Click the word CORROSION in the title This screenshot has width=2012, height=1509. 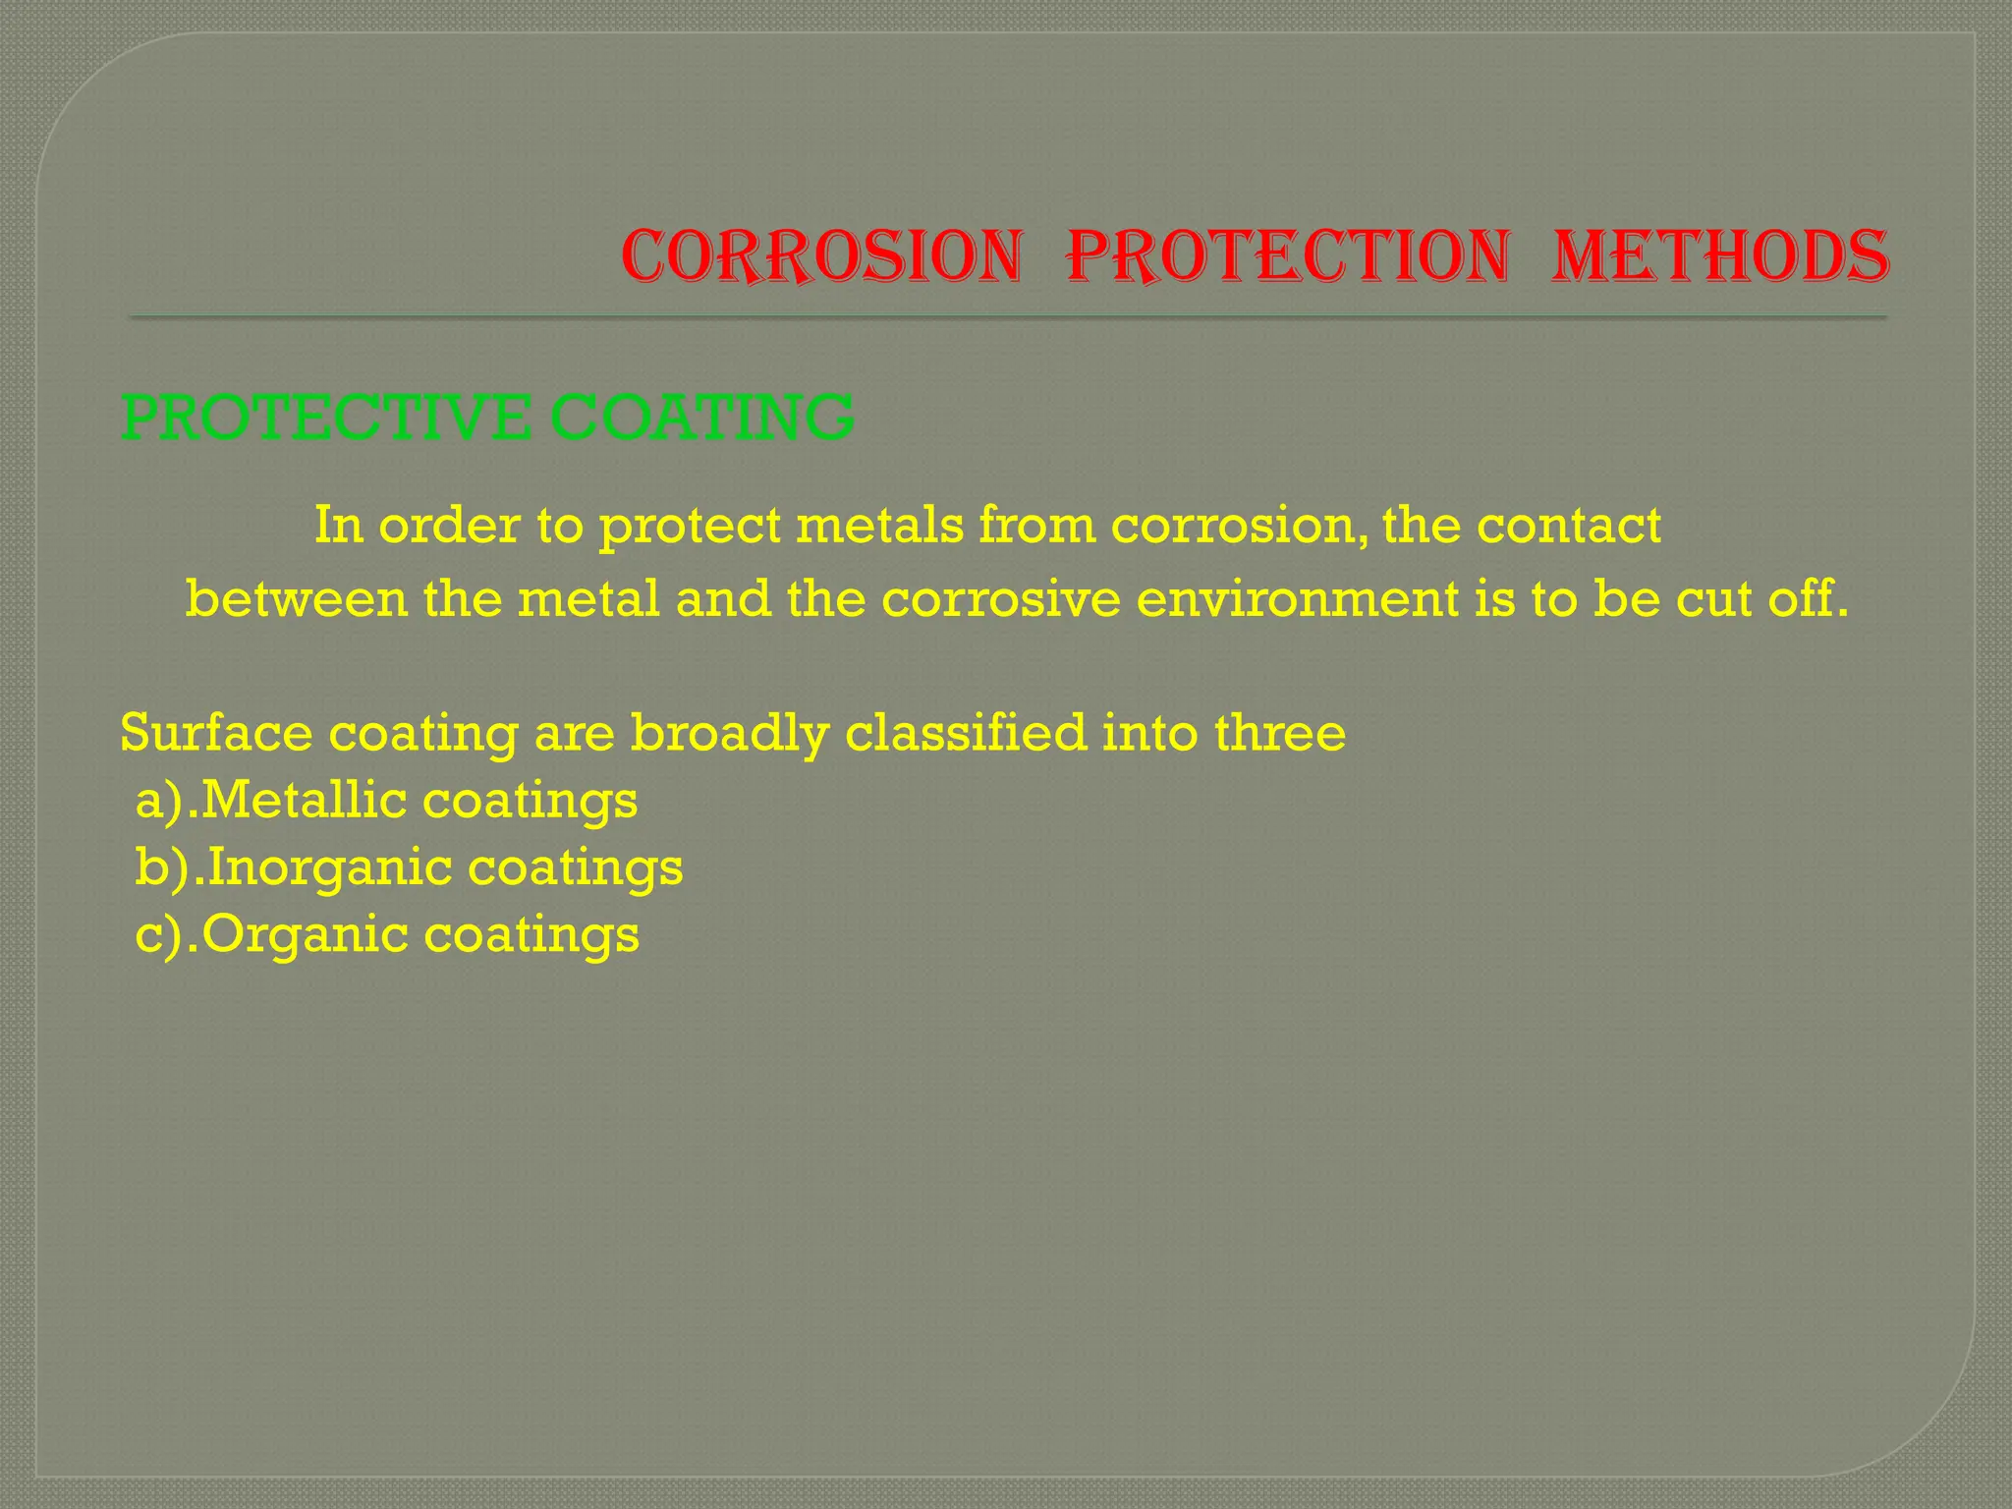click(821, 257)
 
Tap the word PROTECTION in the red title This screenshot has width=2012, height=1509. click(1287, 257)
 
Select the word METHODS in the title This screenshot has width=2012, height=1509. click(1719, 257)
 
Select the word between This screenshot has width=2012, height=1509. click(296, 599)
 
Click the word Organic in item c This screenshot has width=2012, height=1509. click(306, 934)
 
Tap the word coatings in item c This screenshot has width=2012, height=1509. click(531, 934)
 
